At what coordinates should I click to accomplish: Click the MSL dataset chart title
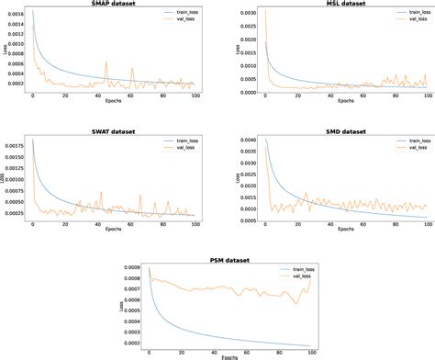(x=333, y=4)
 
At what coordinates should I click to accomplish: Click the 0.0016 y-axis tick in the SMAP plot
(x=16, y=15)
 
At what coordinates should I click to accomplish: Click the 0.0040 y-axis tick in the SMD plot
(x=240, y=141)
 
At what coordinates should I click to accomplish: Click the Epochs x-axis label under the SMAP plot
(x=117, y=107)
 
